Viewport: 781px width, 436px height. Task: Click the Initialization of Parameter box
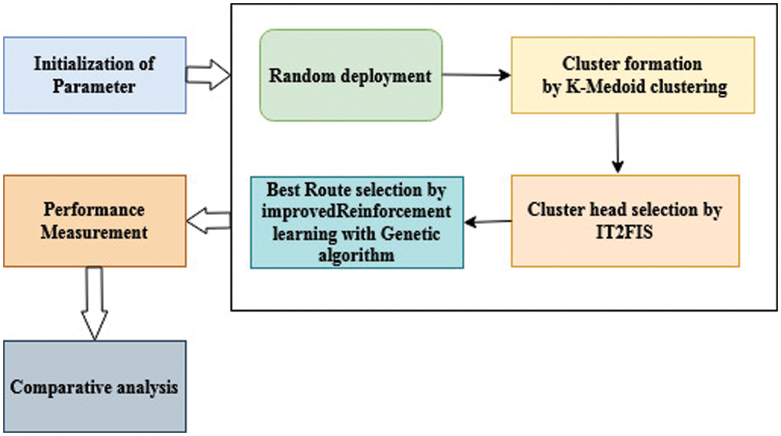point(94,75)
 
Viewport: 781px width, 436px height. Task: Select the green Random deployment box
point(351,75)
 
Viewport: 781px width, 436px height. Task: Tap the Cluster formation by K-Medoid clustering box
point(632,75)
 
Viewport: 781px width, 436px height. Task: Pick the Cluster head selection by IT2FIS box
point(625,221)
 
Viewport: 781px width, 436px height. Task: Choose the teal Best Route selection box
point(357,222)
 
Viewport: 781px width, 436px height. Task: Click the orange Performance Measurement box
point(94,221)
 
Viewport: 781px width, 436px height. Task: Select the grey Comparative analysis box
point(94,386)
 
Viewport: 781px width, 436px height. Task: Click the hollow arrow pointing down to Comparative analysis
point(94,303)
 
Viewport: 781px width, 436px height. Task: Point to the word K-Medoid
point(609,86)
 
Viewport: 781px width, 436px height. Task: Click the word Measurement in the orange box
point(94,232)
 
